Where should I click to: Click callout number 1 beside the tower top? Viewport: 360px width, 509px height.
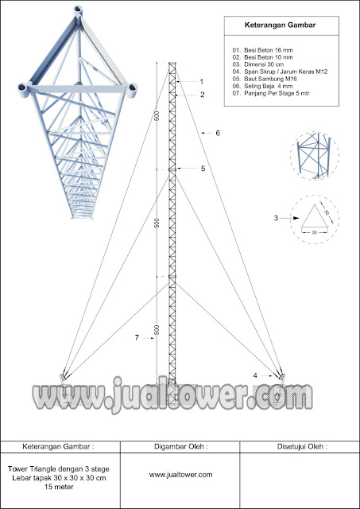[x=202, y=82]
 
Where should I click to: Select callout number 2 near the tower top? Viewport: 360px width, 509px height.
[x=202, y=95]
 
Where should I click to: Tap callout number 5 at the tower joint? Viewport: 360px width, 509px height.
[x=203, y=169]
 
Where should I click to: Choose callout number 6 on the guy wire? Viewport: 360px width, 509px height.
[x=218, y=134]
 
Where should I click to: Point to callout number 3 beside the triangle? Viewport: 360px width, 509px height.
[x=275, y=216]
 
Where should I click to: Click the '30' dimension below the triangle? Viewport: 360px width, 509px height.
[x=315, y=232]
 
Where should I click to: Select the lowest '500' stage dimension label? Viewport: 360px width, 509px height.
[x=157, y=329]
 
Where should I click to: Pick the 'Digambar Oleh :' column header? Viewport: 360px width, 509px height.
[x=180, y=446]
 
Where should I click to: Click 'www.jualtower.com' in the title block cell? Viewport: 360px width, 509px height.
[x=180, y=475]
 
